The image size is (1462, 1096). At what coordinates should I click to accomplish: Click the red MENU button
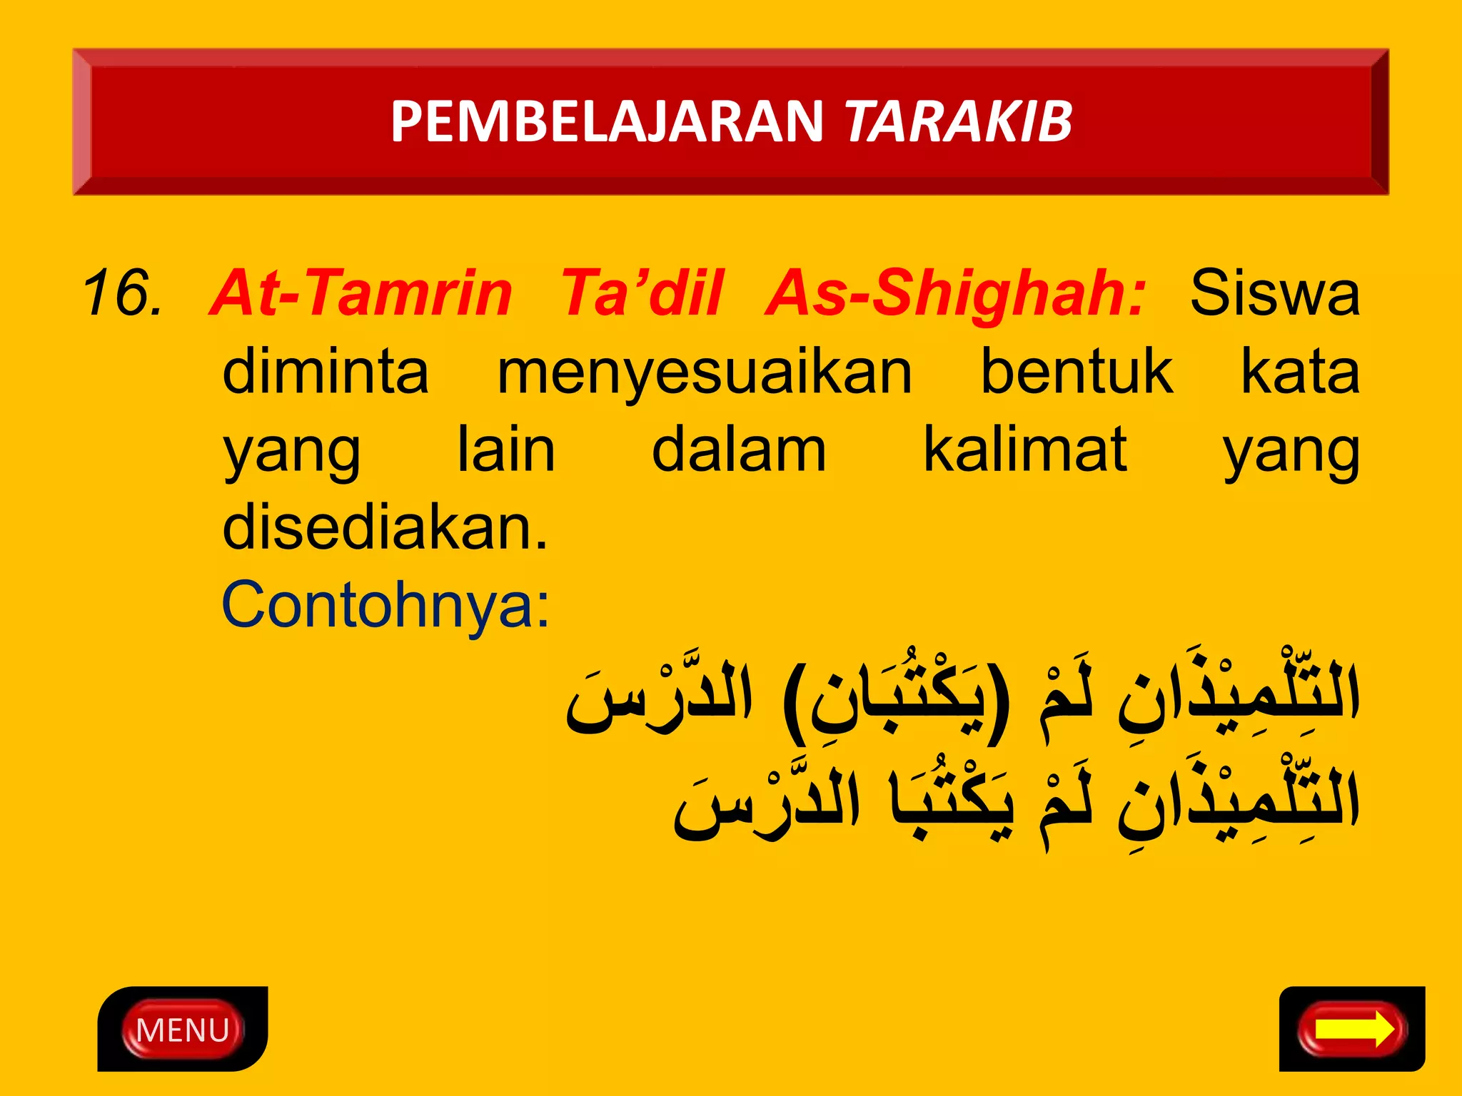[182, 1030]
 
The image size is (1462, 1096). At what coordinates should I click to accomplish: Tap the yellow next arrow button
[1352, 1030]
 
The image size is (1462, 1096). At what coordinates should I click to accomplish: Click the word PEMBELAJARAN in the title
[607, 121]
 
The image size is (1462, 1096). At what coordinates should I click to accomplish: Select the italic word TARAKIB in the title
[958, 121]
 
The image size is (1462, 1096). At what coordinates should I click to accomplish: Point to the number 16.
[121, 293]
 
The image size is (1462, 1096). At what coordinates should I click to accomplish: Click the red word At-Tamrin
[361, 293]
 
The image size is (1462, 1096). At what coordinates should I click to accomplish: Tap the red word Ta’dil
[641, 293]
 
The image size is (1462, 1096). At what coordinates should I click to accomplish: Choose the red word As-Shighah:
[955, 293]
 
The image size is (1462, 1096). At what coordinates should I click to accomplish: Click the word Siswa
[1274, 293]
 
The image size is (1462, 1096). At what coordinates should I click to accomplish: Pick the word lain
[506, 450]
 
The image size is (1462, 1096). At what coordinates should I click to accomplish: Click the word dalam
[739, 450]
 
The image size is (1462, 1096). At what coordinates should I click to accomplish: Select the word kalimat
[1025, 450]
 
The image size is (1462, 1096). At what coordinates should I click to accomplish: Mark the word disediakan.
[385, 528]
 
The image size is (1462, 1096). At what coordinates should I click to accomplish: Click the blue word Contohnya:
[385, 605]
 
